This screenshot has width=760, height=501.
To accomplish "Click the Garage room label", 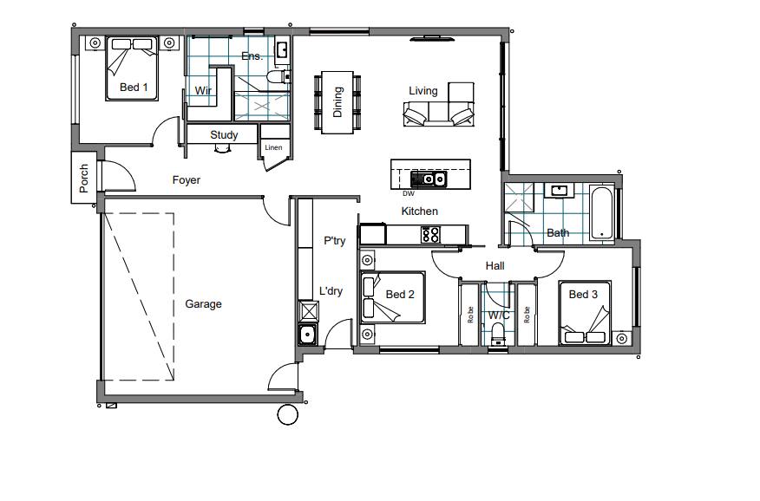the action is pos(204,304).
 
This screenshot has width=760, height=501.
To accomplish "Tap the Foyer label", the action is pos(187,180).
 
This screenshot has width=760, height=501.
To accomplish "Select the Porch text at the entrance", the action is pos(84,179).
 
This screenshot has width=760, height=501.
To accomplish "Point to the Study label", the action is pos(224,134).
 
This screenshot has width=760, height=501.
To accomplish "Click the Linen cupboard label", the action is pos(273,147).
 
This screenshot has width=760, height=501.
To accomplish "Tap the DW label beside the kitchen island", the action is pos(409,193).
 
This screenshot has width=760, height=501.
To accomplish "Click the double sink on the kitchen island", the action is pos(429,179).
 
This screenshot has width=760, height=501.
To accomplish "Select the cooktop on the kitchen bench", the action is pos(430,235).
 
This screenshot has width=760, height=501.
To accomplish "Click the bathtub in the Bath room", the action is pos(602,213).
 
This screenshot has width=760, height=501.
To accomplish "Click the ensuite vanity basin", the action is pos(281,49).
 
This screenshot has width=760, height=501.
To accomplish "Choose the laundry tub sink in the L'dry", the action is pos(307,335).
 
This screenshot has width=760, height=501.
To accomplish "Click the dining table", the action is pos(337,102).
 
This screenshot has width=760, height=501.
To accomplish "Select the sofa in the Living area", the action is pos(439,114).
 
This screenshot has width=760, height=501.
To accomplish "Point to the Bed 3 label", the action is pos(583,295).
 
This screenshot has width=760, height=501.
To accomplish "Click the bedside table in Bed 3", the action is pos(621,338).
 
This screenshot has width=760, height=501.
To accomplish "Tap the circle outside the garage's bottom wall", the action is pos(288,415).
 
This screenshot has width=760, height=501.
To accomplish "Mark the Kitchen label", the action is pos(420,211).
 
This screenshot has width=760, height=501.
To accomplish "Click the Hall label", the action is pos(495,266).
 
